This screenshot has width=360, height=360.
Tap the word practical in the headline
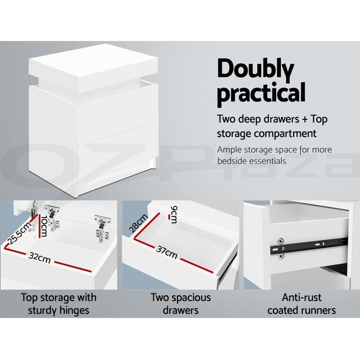click(261, 94)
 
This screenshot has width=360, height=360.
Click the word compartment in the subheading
click(287, 134)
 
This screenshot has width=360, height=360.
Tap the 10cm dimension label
click(44, 227)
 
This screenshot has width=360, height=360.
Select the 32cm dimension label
click(40, 258)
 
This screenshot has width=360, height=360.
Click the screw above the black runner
click(280, 240)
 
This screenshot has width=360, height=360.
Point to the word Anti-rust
click(302, 297)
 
